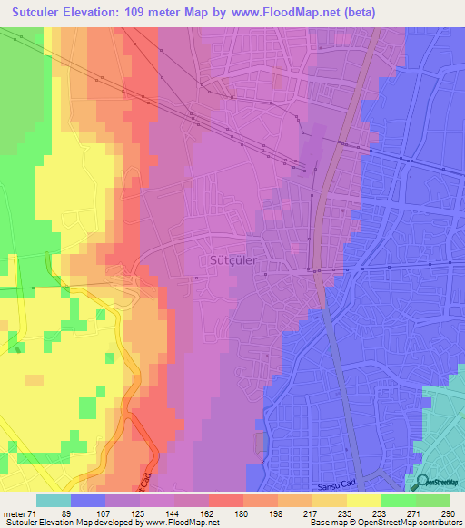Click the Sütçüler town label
tap(233, 260)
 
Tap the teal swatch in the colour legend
tap(54, 500)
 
